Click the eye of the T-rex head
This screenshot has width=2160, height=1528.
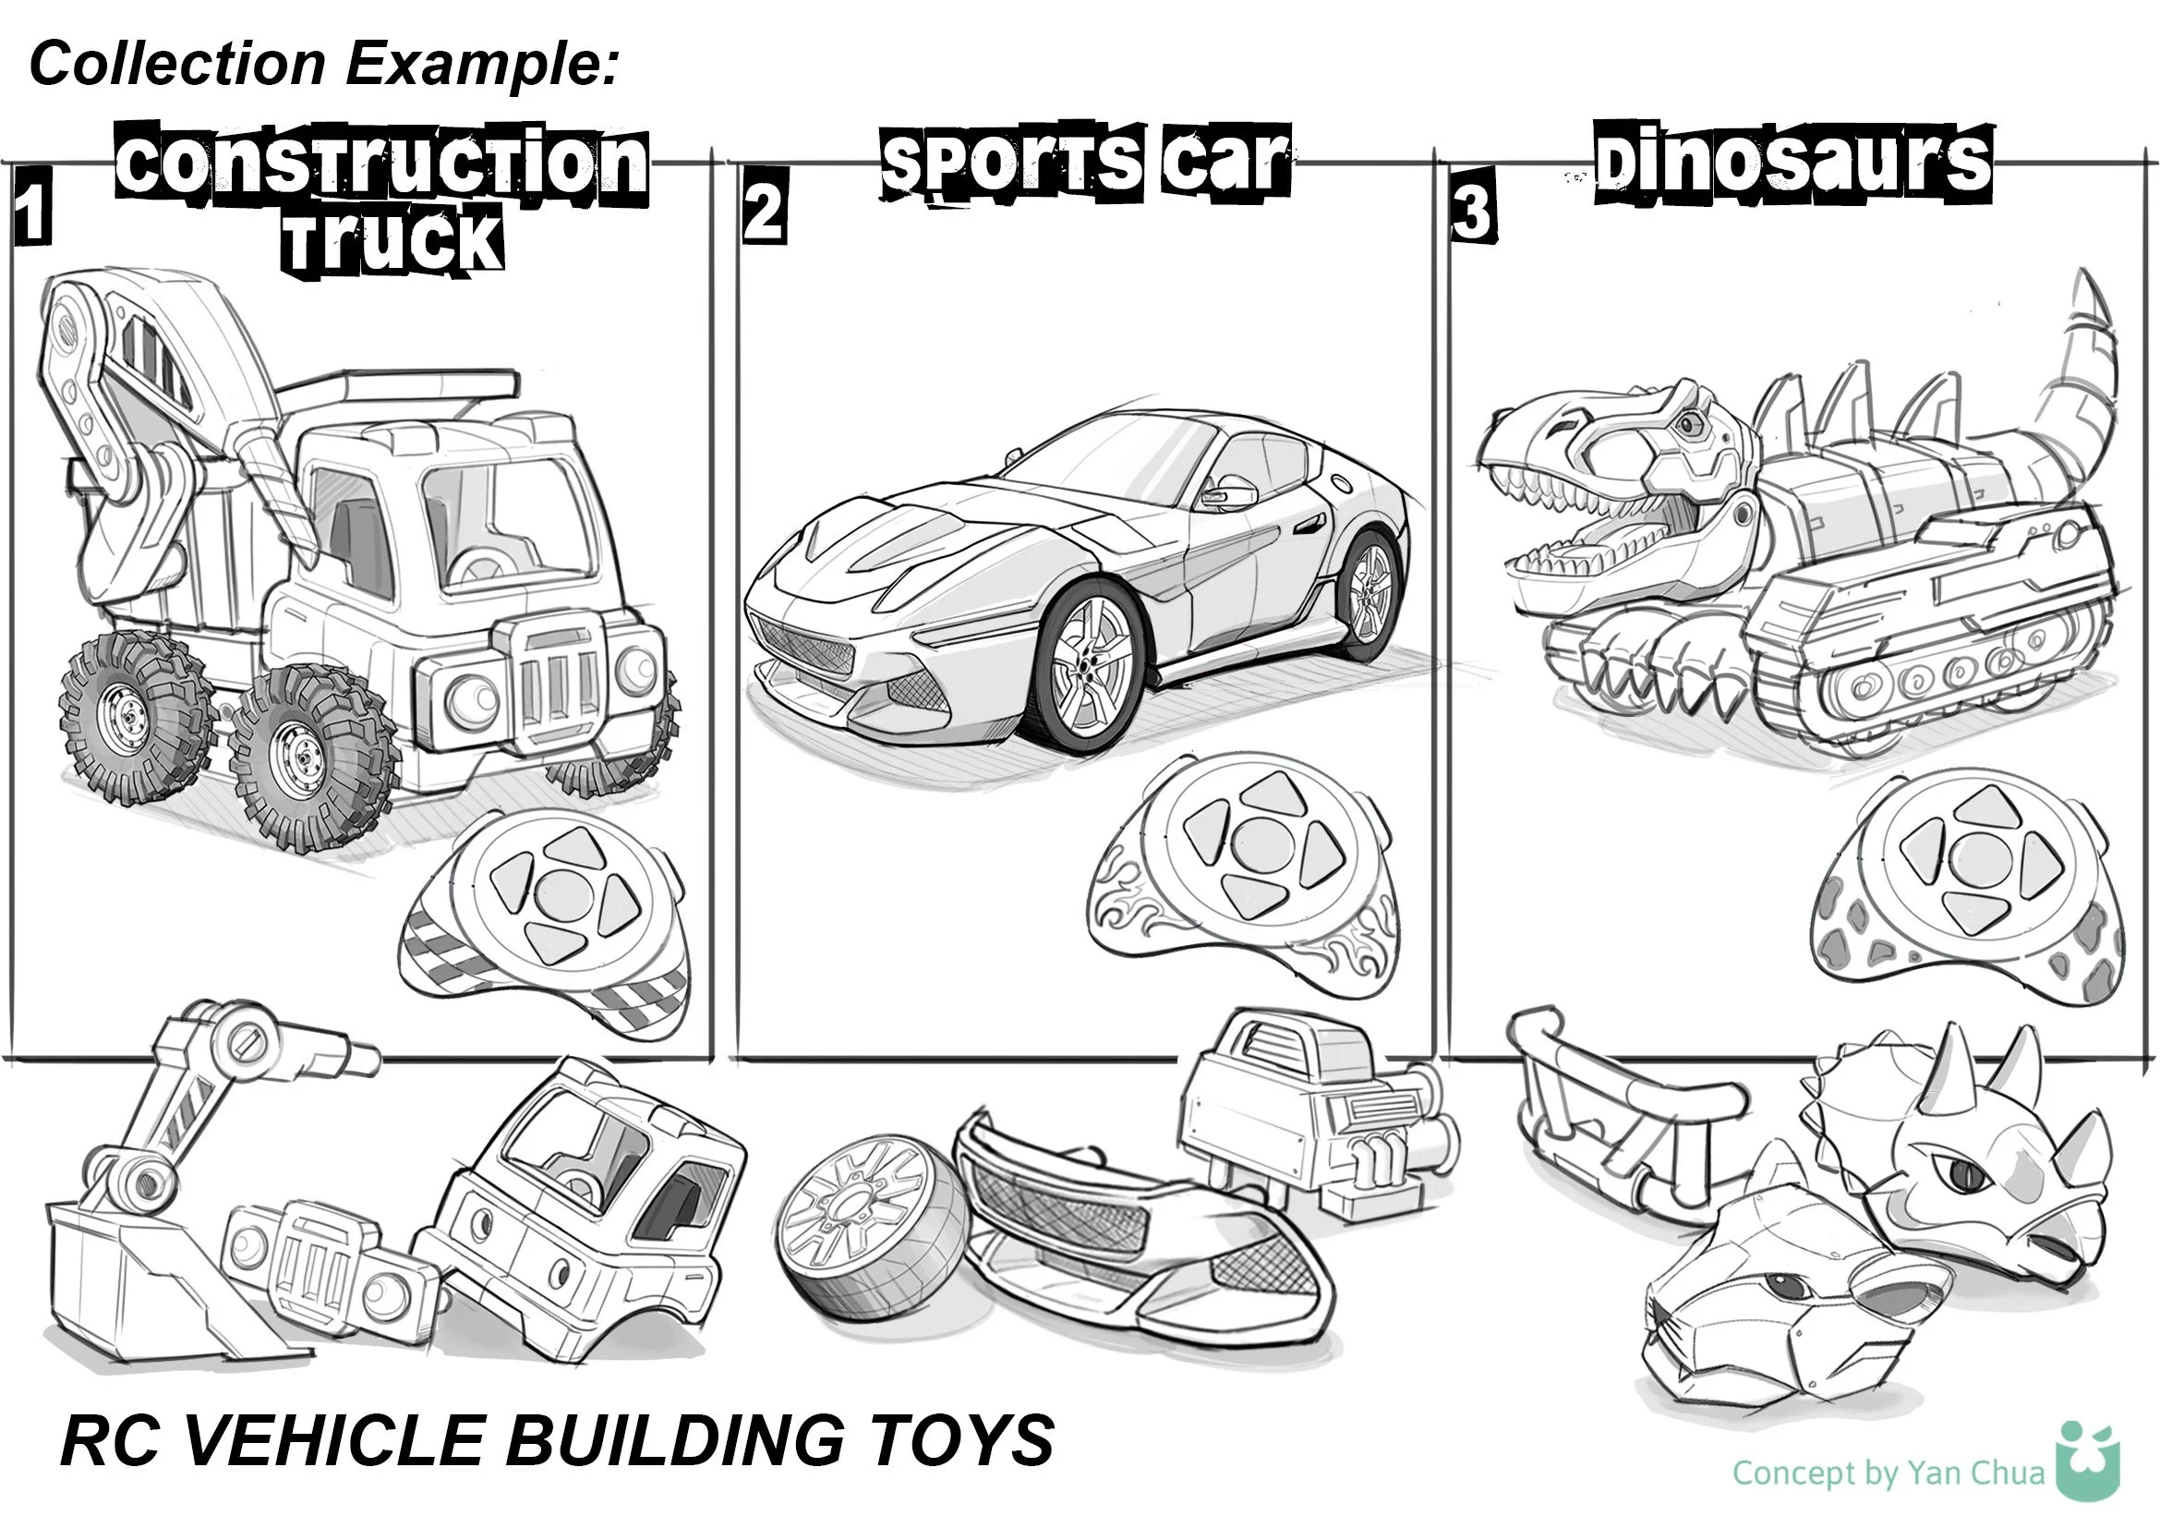tap(1691, 424)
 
